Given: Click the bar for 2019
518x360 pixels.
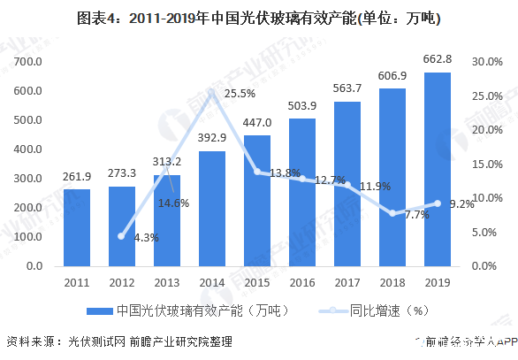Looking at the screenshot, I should pyautogui.click(x=437, y=169).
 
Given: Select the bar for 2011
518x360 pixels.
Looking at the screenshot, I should pyautogui.click(x=77, y=227).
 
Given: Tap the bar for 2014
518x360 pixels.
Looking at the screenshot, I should pyautogui.click(x=212, y=208).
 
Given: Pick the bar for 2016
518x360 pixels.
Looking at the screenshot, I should pyautogui.click(x=302, y=192).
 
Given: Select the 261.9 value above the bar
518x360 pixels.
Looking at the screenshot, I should pyautogui.click(x=77, y=177).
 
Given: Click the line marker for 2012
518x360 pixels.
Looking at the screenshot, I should pyautogui.click(x=122, y=236).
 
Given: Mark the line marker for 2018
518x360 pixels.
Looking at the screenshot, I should pyautogui.click(x=392, y=212).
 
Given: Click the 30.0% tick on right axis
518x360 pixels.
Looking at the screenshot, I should pyautogui.click(x=487, y=61).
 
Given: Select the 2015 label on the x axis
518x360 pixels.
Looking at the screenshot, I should pyautogui.click(x=257, y=281).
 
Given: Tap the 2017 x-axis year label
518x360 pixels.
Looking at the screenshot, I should pyautogui.click(x=347, y=281).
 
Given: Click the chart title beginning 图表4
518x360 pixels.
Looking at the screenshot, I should pyautogui.click(x=259, y=17).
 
